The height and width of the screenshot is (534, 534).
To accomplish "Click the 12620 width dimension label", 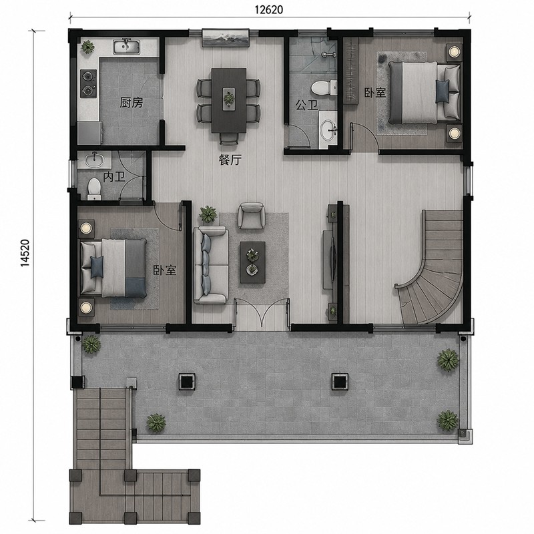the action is [x=269, y=10].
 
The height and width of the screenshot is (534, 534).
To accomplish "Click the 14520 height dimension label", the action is [x=25, y=253].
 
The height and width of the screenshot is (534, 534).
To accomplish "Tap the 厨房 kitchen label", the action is [x=131, y=103].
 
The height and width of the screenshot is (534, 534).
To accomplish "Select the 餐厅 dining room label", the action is [x=230, y=160].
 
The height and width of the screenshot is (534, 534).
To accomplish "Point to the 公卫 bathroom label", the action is [x=306, y=105].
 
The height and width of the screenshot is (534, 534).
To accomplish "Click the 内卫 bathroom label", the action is [x=114, y=177].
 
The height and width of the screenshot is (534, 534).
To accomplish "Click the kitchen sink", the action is [x=126, y=47].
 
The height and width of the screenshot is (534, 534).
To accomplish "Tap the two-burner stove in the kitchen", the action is [x=88, y=83].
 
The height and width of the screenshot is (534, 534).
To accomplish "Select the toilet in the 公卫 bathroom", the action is [x=323, y=88].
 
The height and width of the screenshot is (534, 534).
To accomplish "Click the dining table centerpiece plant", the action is [x=229, y=99].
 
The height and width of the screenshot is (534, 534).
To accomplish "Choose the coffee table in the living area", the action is [x=253, y=262].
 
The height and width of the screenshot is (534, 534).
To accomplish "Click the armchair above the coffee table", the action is [x=252, y=216].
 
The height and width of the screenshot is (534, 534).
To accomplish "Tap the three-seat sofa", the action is [x=211, y=265].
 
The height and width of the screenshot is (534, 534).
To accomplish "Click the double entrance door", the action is [x=262, y=312].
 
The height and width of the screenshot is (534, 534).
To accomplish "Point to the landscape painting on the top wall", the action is [x=226, y=38].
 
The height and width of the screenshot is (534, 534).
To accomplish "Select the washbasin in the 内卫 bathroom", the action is [x=94, y=160].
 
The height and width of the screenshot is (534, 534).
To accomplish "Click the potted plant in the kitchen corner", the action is [x=88, y=47].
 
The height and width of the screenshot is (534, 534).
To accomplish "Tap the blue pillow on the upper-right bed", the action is [x=442, y=91].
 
